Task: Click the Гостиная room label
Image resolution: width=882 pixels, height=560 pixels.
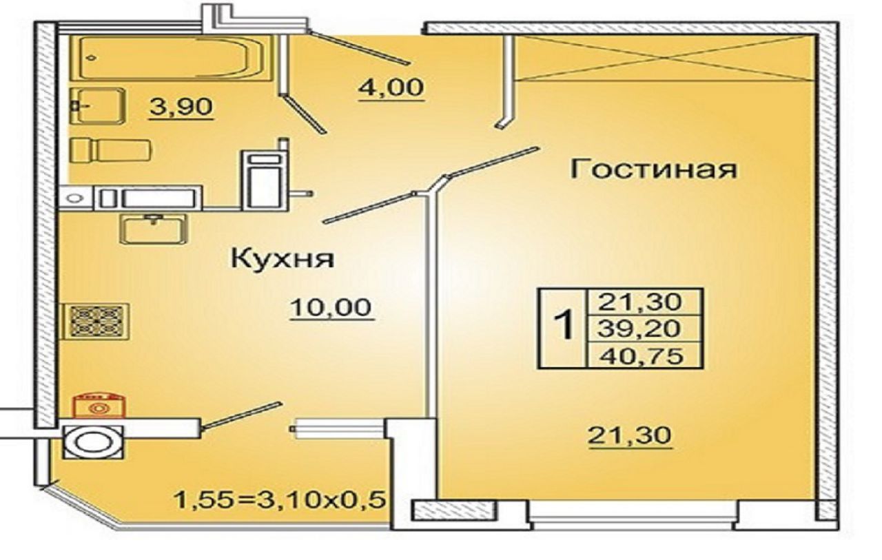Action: tap(653, 169)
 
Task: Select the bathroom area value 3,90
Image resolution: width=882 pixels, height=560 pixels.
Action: tap(181, 107)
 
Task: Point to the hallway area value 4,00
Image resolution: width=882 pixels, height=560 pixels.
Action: tap(391, 87)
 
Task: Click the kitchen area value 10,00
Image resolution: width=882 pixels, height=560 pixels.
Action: tap(331, 308)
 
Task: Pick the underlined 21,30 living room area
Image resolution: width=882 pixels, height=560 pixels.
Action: tap(629, 435)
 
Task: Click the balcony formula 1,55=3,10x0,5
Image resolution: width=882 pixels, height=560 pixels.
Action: tap(279, 501)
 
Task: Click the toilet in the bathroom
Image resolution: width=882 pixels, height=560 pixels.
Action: tap(110, 150)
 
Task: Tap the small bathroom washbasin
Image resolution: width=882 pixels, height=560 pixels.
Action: tap(98, 106)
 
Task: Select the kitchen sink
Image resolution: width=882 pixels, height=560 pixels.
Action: tap(154, 229)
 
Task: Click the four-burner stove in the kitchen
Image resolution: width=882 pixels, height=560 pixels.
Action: tap(95, 322)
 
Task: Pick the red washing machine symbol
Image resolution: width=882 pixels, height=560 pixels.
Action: tap(99, 405)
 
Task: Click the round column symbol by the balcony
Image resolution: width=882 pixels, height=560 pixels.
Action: tap(93, 442)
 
